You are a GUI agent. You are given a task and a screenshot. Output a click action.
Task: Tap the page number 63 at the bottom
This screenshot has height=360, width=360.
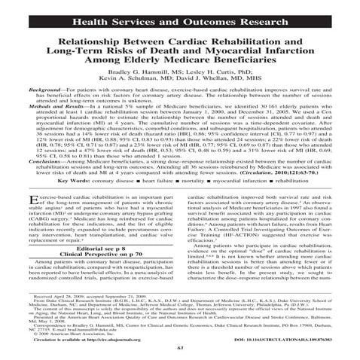click(180, 347)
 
